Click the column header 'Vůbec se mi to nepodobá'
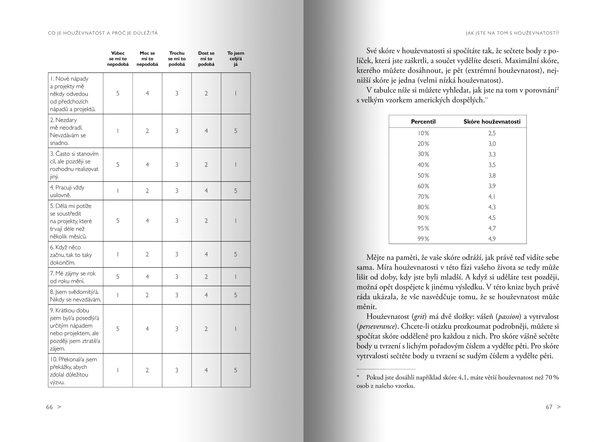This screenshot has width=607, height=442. click(118, 58)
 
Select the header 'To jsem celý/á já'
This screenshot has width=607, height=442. click(236, 58)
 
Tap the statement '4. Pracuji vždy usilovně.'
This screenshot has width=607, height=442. click(67, 191)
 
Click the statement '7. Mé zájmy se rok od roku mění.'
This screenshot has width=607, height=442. click(73, 277)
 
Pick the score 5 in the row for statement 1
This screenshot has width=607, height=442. click(118, 93)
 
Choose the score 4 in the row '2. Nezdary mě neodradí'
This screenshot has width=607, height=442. click(206, 131)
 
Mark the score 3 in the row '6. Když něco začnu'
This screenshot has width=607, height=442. click(177, 254)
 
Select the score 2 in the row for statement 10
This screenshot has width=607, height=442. click(147, 370)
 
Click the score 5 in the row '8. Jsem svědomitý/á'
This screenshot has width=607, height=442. click(236, 295)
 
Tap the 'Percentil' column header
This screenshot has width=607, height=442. click(423, 122)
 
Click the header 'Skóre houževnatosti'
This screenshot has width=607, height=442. click(492, 122)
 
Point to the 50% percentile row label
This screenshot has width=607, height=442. click(423, 175)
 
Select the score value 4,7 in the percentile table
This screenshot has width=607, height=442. click(492, 228)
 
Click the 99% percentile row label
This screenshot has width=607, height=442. click(423, 239)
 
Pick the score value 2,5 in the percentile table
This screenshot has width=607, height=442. click(492, 133)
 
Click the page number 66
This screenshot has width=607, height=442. click(50, 407)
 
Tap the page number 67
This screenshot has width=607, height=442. click(549, 407)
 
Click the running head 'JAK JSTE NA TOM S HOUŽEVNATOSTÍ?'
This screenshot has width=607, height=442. click(512, 33)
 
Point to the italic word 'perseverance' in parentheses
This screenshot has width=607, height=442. click(377, 326)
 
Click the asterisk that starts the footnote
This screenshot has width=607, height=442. click(358, 377)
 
